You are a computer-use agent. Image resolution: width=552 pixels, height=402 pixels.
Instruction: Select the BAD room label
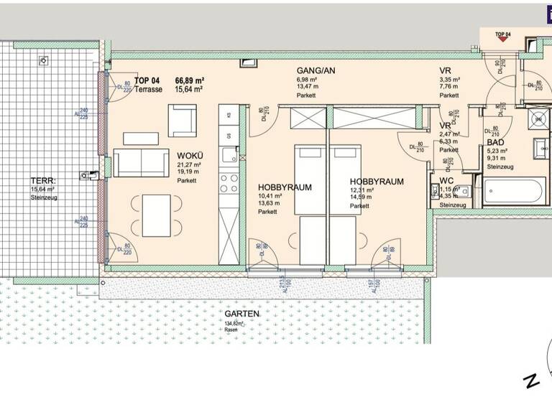pos(496,143)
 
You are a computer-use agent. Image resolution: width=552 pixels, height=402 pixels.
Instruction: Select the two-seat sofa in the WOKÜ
pos(141,163)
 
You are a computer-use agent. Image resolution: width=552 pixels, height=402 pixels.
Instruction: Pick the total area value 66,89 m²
pos(190,80)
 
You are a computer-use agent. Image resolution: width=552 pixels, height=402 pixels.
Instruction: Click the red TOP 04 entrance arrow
pos(503,40)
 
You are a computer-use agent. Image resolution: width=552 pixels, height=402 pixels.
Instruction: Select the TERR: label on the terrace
pos(40,181)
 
